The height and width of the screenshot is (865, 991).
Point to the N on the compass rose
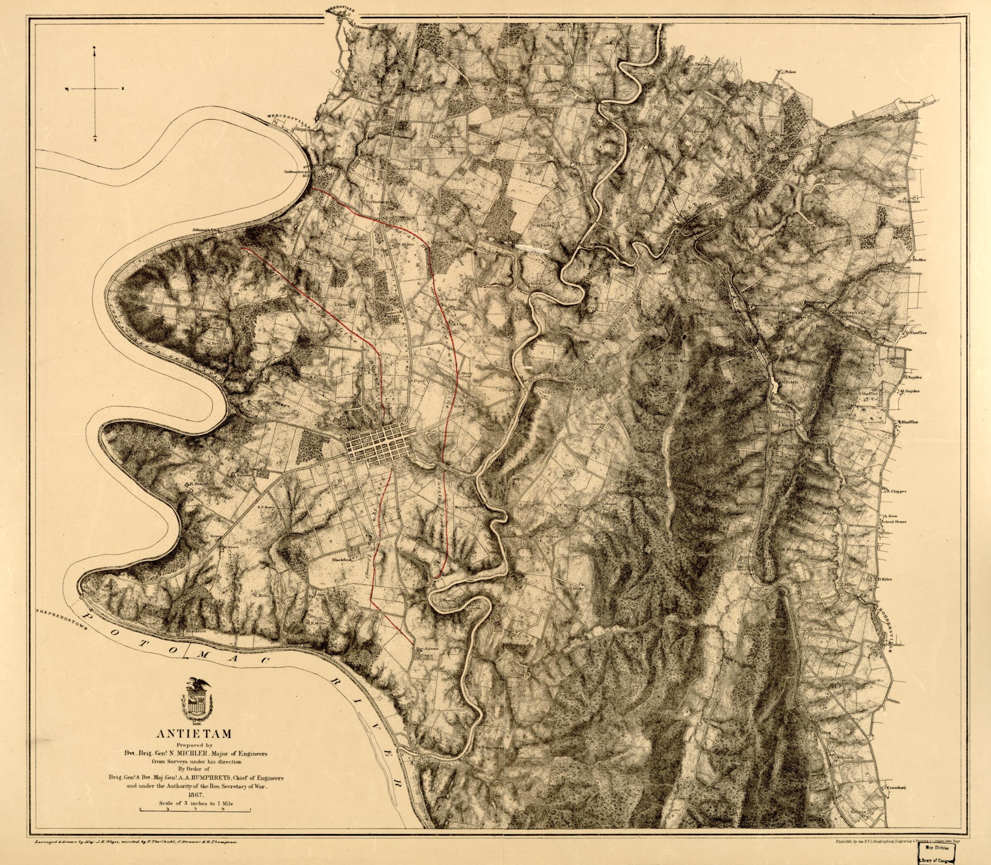95,48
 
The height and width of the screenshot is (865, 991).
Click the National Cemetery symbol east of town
434,438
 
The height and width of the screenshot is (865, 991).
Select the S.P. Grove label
266,507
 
